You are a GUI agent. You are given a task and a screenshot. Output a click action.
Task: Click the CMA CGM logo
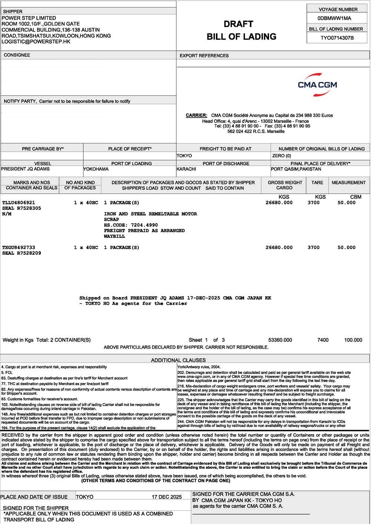pyautogui.click(x=317, y=85)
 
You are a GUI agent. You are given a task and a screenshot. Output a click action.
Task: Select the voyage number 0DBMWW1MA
pyautogui.click(x=334, y=18)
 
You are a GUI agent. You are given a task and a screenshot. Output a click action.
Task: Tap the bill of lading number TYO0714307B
pyautogui.click(x=337, y=38)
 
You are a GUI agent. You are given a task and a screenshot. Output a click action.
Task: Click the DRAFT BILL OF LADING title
pyautogui.click(x=242, y=30)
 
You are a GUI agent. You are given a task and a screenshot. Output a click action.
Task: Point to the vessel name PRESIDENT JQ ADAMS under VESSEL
pyautogui.click(x=25, y=169)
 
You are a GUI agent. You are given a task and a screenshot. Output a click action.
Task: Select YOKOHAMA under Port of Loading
pyautogui.click(x=96, y=169)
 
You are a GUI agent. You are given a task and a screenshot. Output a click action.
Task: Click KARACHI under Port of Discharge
pyautogui.click(x=186, y=169)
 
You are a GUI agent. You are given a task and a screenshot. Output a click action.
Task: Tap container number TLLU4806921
pyautogui.click(x=19, y=203)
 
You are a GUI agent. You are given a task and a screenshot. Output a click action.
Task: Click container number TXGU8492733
pyautogui.click(x=19, y=247)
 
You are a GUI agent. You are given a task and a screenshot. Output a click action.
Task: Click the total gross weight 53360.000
pyautogui.click(x=280, y=340)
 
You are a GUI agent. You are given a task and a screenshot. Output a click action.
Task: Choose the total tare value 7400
pyautogui.click(x=323, y=340)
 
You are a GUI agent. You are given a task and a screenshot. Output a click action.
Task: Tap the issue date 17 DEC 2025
pyautogui.click(x=167, y=497)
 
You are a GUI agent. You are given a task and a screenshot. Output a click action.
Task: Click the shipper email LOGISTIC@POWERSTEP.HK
pyautogui.click(x=36, y=42)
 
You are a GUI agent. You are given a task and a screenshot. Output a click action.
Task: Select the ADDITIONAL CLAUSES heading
pyautogui.click(x=178, y=360)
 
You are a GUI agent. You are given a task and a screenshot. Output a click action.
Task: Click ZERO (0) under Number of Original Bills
pyautogui.click(x=282, y=156)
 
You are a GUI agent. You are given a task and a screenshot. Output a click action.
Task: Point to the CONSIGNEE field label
pyautogui.click(x=17, y=55)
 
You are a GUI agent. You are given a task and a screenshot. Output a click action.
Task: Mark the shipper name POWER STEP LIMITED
pyautogui.click(x=29, y=18)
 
